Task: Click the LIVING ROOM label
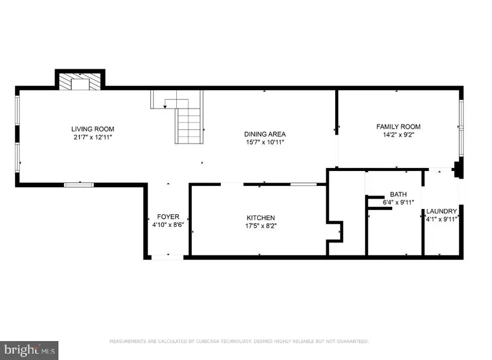(x=93, y=129)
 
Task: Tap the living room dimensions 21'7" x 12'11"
(x=93, y=137)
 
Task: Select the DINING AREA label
(x=264, y=134)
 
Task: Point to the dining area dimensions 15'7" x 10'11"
(x=264, y=142)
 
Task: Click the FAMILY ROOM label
(x=398, y=126)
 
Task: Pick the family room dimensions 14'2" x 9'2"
(x=398, y=135)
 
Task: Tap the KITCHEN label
(x=261, y=218)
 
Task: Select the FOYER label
(x=168, y=217)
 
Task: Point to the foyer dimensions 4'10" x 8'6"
(x=168, y=224)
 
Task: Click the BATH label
(x=398, y=195)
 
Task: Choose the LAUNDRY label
(x=441, y=211)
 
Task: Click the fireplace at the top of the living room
(x=79, y=82)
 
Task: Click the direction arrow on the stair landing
(x=165, y=106)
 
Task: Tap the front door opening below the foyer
(x=168, y=257)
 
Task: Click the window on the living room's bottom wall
(x=78, y=184)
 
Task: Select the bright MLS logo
(x=29, y=350)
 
